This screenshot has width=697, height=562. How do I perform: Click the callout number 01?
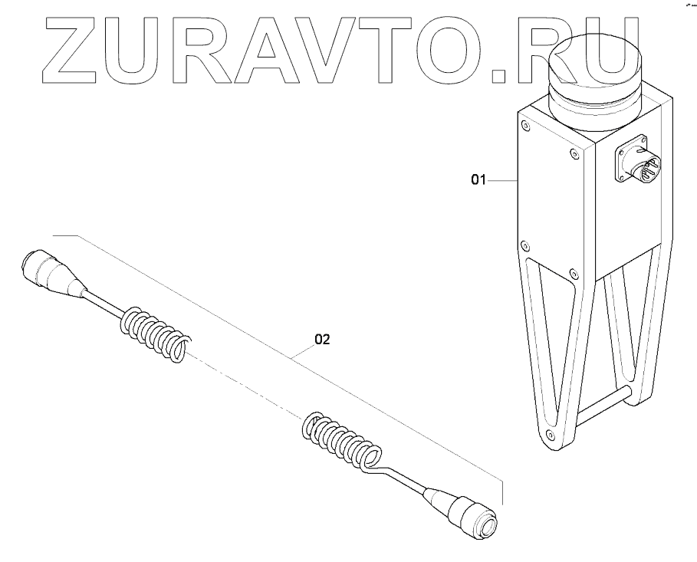[478, 180]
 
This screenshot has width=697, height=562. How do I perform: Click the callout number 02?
[321, 339]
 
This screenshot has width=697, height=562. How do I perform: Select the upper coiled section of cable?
[153, 331]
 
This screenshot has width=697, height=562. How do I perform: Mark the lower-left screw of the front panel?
[524, 245]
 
